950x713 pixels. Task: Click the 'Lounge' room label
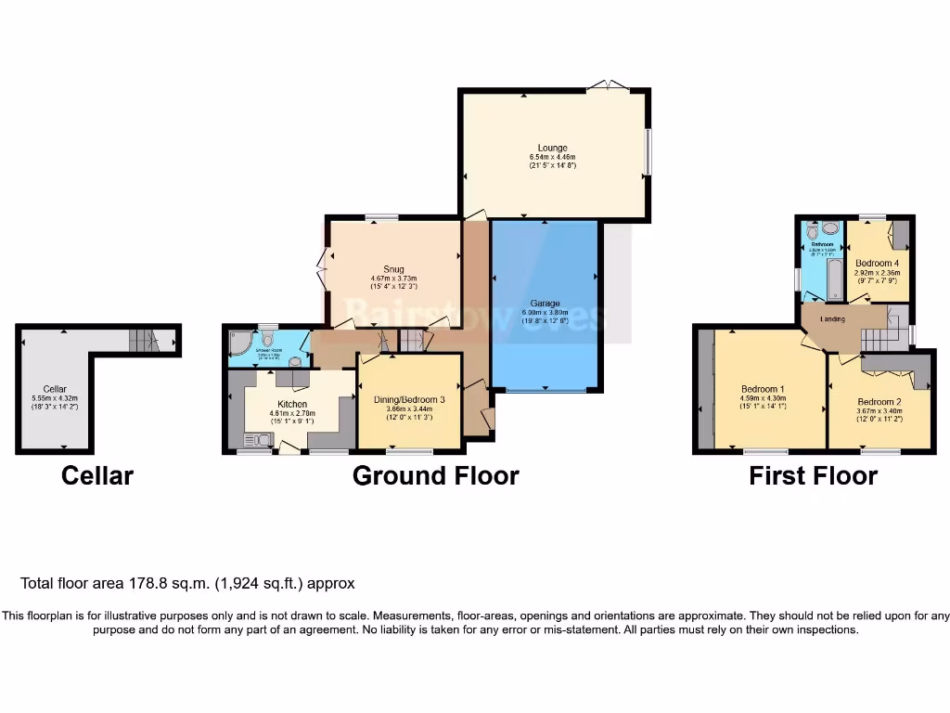[x=552, y=148]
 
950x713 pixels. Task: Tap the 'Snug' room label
[x=393, y=269]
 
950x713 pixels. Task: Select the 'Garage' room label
[x=545, y=304]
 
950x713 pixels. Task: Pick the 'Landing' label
[x=833, y=319]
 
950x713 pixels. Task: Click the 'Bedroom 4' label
[x=877, y=263]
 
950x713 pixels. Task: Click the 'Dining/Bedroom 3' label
[x=409, y=399]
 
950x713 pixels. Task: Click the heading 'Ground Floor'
[x=435, y=476]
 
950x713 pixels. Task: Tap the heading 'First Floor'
[x=813, y=476]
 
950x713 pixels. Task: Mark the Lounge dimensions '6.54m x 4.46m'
[x=552, y=157]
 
